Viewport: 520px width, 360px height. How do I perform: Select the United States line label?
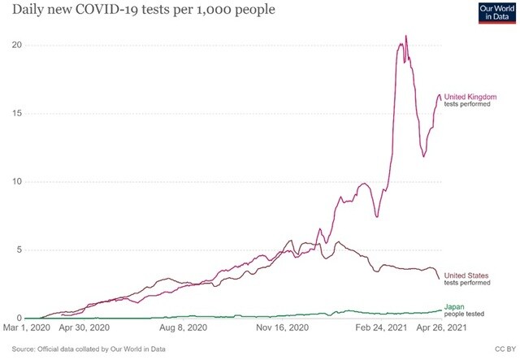pos(467,275)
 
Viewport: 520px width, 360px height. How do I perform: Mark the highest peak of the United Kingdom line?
pos(406,37)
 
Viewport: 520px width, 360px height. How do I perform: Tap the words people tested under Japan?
pos(467,313)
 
